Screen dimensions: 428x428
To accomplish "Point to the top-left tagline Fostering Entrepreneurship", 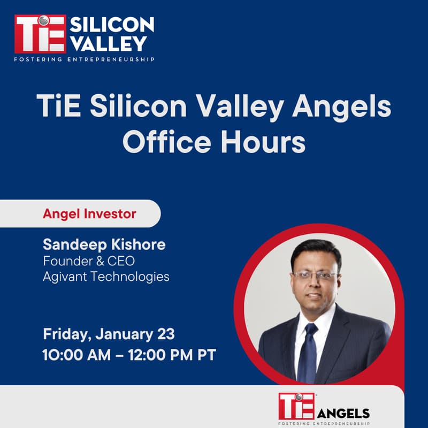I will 85,59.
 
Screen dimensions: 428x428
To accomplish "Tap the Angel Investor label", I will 89,214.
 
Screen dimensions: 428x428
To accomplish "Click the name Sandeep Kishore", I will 104,245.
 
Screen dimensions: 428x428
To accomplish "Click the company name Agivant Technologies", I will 106,277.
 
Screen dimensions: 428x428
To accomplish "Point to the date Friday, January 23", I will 109,335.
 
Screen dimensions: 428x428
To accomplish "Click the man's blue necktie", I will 308,353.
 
